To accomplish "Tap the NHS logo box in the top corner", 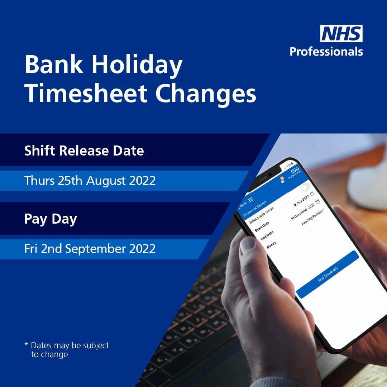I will click(341, 34).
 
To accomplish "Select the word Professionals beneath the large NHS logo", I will click(326, 52).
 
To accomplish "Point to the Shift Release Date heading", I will click(84, 151).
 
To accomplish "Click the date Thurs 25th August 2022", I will click(90, 181).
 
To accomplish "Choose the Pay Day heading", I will click(51, 219).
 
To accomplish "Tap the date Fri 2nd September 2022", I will click(90, 249).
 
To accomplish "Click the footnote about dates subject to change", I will click(67, 350).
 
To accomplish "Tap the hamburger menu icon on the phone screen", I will click(250, 199).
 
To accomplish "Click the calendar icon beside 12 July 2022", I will click(312, 194).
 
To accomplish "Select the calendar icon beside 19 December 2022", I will click(318, 202).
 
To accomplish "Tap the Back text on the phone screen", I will click(243, 204).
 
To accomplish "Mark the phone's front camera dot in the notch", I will click(269, 174).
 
